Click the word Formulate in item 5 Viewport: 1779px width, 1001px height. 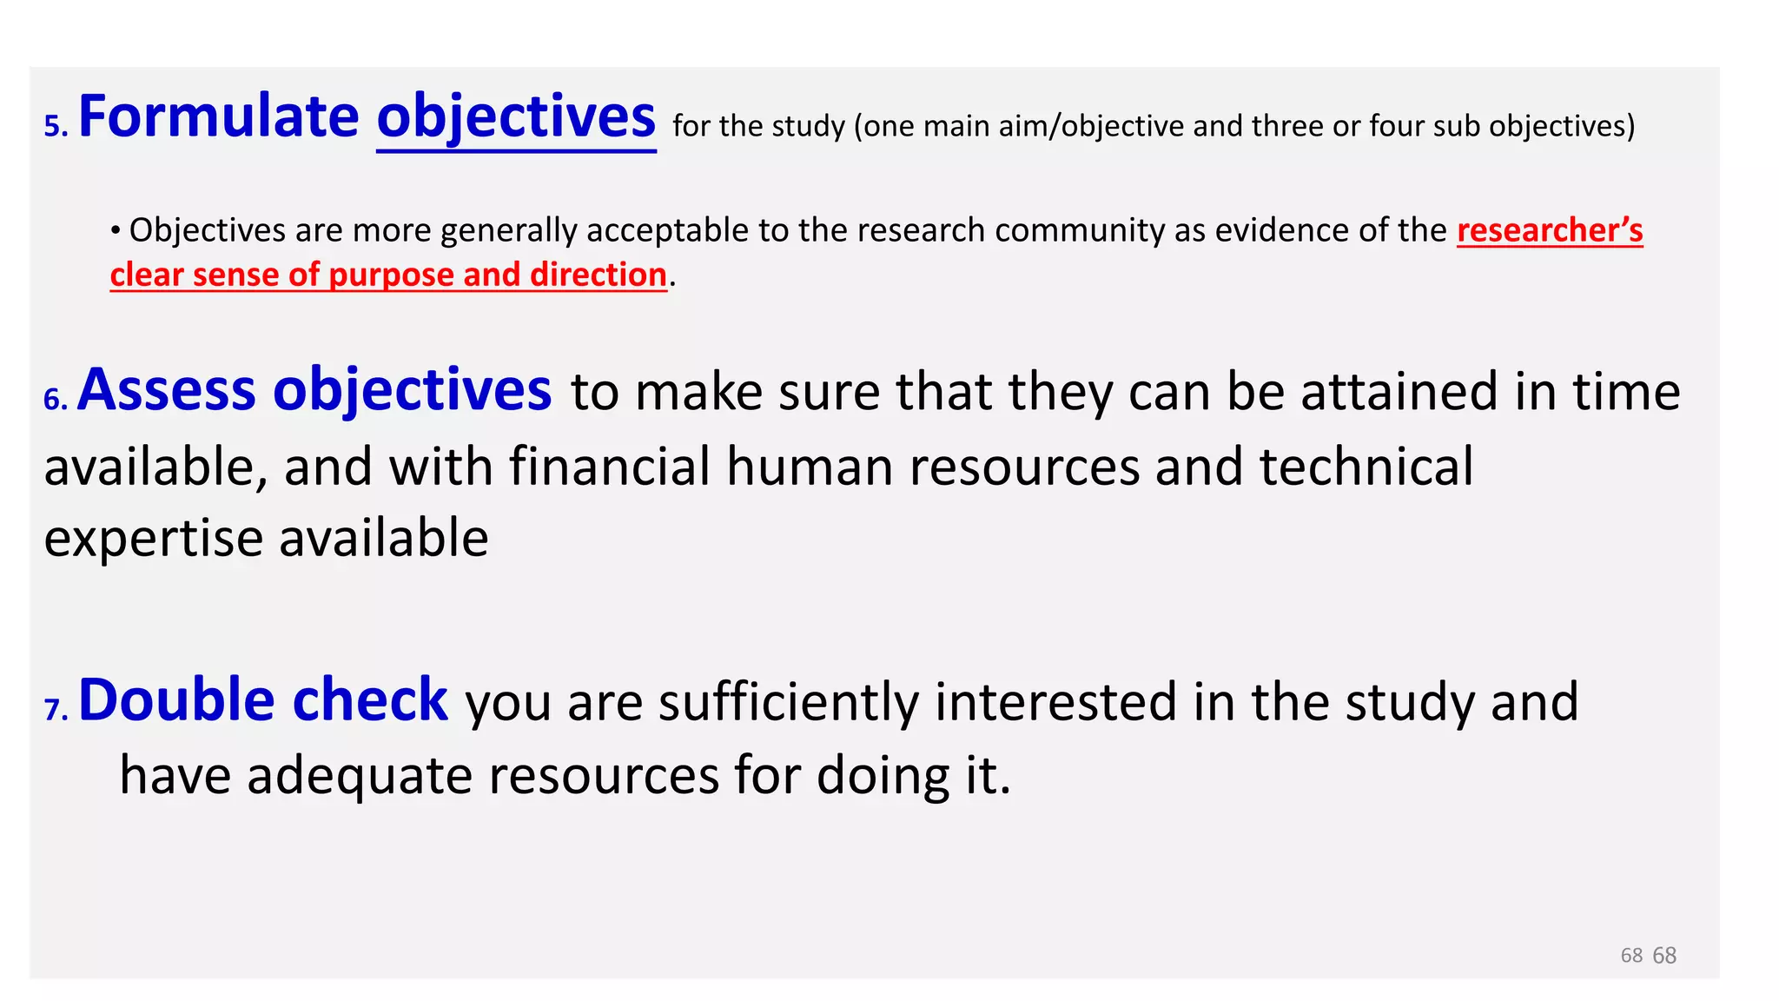click(x=218, y=117)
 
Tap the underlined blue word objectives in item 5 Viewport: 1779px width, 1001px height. click(x=516, y=117)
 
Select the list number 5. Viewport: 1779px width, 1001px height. click(x=55, y=128)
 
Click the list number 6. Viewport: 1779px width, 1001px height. click(x=55, y=401)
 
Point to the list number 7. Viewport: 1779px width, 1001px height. click(x=55, y=711)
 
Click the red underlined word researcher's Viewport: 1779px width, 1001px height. click(x=1550, y=230)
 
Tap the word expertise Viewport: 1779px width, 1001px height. click(x=154, y=539)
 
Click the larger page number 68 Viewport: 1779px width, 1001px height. click(x=1664, y=956)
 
